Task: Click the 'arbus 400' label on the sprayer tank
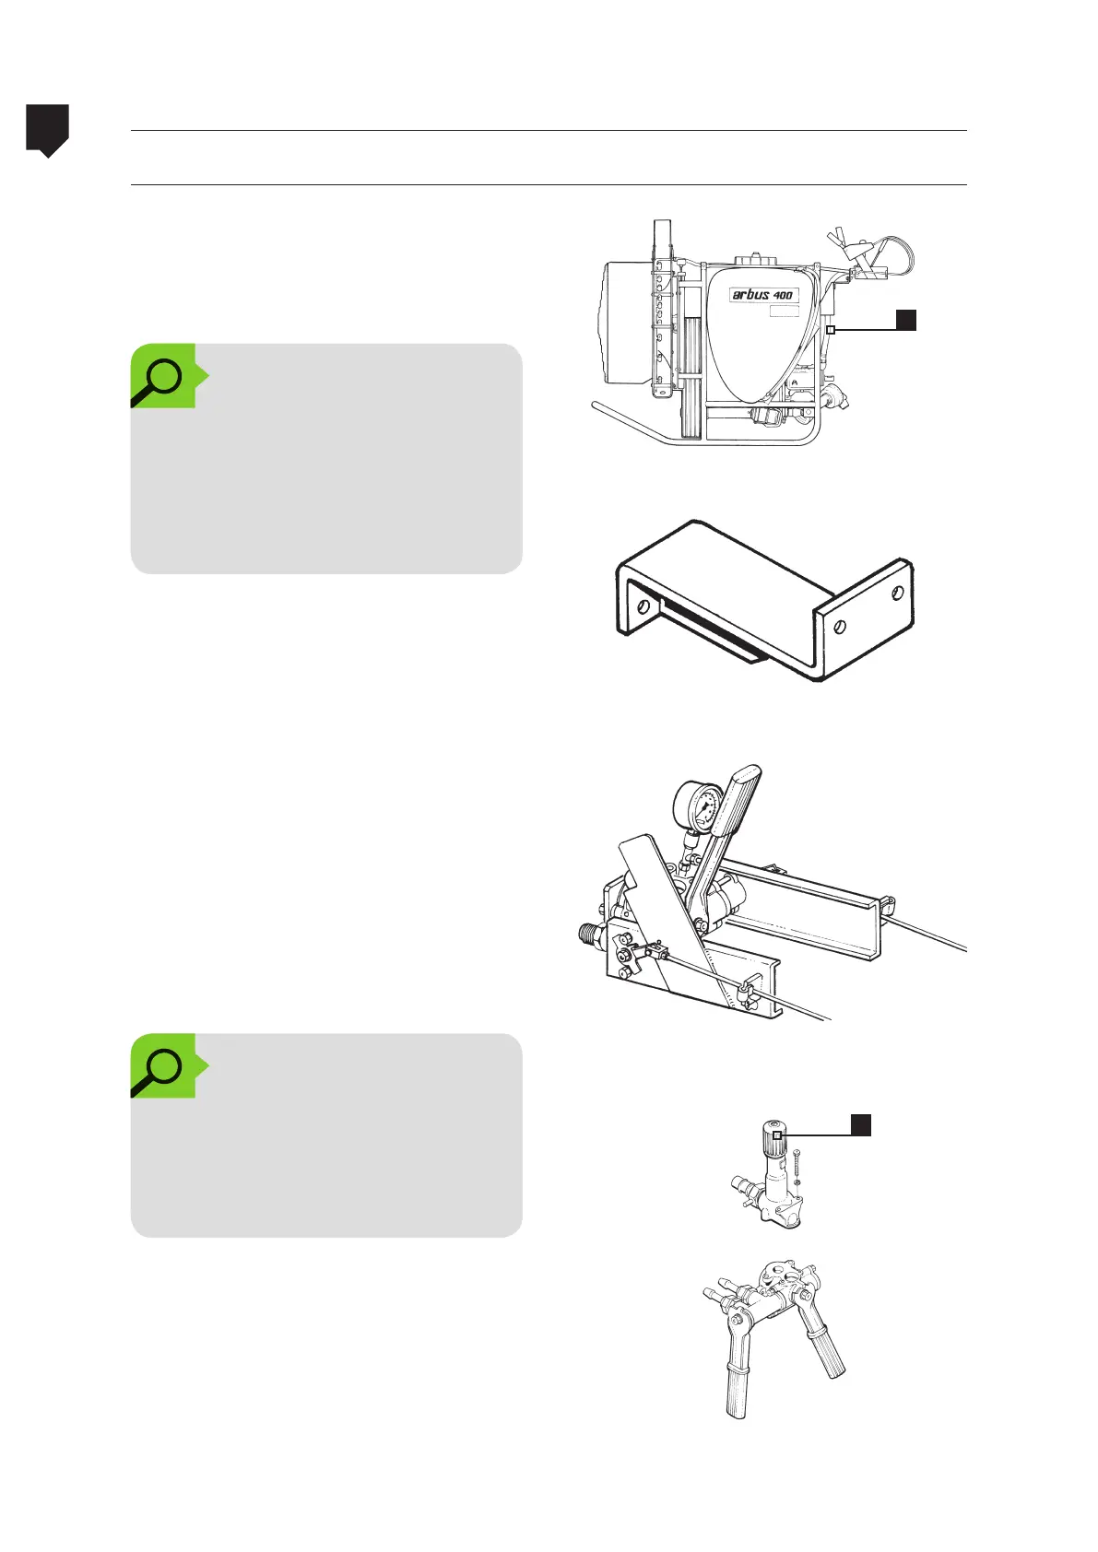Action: click(762, 295)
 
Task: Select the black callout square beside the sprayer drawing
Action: click(906, 320)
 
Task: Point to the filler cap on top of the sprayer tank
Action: click(753, 260)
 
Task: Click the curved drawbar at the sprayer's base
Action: click(636, 423)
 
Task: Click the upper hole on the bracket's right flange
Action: click(896, 595)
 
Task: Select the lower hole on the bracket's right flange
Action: click(839, 628)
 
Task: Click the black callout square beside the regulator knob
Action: click(860, 1124)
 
